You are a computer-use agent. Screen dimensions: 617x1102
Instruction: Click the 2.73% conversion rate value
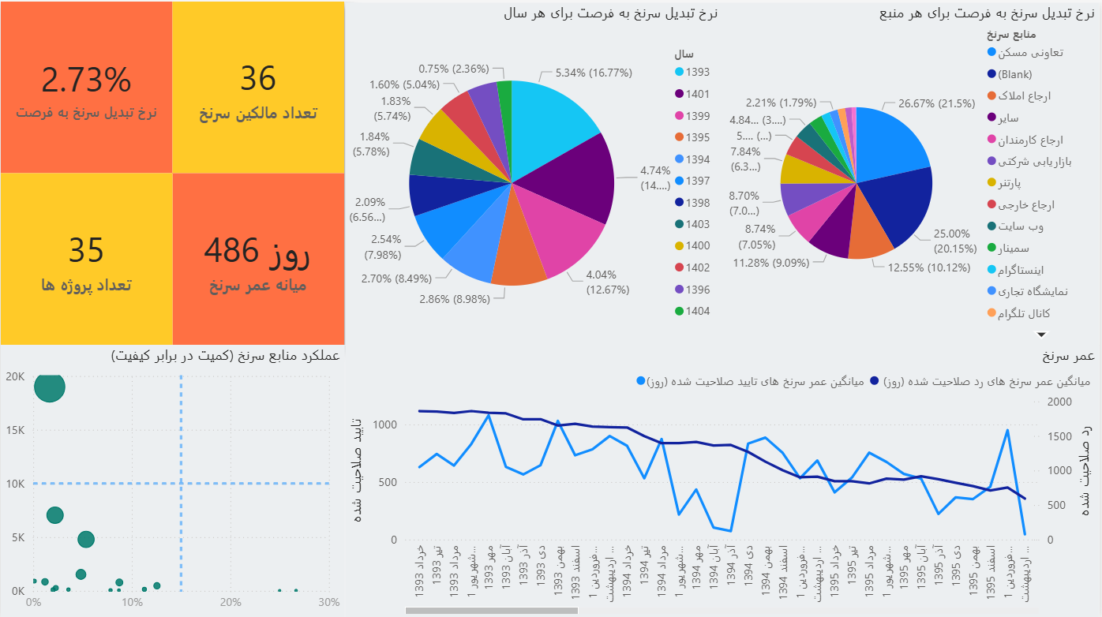tap(86, 80)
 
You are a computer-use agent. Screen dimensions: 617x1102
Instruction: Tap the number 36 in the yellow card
tap(257, 79)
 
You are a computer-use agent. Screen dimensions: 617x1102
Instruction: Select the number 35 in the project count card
tap(86, 250)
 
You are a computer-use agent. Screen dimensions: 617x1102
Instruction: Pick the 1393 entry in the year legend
tap(697, 72)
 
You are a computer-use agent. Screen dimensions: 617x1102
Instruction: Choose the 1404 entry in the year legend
tap(697, 311)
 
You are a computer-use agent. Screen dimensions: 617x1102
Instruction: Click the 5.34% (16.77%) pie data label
tap(594, 73)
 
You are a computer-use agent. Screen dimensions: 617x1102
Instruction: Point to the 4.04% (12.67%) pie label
tap(607, 282)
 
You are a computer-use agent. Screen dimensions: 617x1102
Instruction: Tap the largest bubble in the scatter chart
tap(50, 387)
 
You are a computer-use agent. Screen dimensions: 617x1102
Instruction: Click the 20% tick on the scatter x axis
tap(231, 602)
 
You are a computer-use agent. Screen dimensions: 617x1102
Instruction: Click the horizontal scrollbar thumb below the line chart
tap(492, 611)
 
